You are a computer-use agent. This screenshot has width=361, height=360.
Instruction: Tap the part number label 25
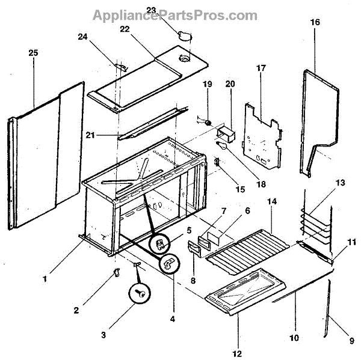(x=34, y=53)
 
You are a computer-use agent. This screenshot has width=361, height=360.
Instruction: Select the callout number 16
(x=315, y=22)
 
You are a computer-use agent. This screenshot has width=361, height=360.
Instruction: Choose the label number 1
(x=45, y=279)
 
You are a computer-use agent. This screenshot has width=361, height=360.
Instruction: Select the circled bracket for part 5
(x=160, y=243)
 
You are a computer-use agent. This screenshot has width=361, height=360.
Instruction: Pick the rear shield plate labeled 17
(x=261, y=135)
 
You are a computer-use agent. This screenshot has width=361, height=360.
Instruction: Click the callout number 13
(x=341, y=183)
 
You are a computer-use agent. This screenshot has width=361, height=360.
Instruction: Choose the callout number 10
(x=294, y=338)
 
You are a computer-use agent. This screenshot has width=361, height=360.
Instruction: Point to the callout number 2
(x=76, y=310)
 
